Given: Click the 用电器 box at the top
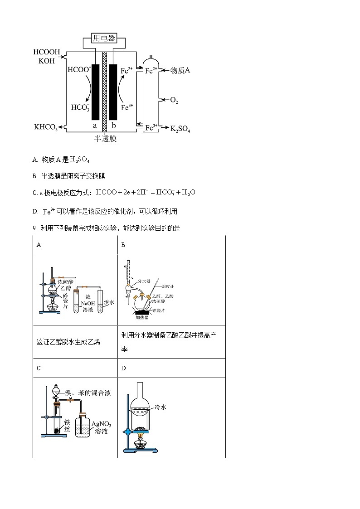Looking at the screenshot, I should pos(104,39).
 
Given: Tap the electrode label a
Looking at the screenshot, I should pos(95,125).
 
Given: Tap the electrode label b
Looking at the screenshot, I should pos(114,125).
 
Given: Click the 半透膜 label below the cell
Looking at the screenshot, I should pos(105,139).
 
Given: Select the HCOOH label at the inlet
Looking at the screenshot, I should pos(47,53).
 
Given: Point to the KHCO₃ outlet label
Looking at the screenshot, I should pos(46,128).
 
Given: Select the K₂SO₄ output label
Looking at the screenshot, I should pos(180,129).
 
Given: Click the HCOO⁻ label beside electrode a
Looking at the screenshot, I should pos(78,70).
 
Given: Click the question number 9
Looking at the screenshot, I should pos(34,228).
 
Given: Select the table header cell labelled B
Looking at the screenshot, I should pos(123,245).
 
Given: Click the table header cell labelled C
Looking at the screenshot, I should pos(39,368).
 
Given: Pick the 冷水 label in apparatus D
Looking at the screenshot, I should pos(161,407).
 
